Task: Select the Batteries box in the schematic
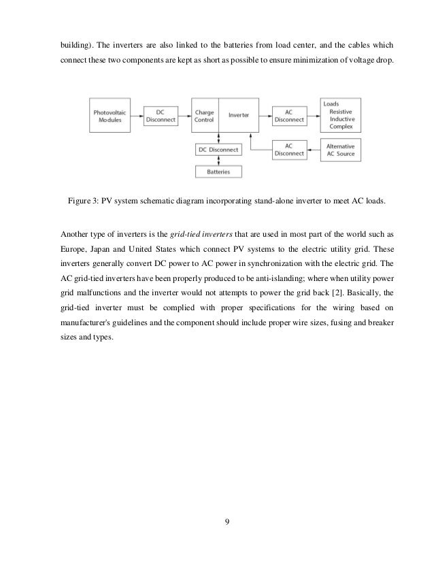coord(218,172)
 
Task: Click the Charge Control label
coord(204,115)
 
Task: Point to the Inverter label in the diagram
coord(239,115)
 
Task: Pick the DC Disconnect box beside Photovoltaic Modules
coord(161,115)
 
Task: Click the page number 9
coord(217,523)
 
